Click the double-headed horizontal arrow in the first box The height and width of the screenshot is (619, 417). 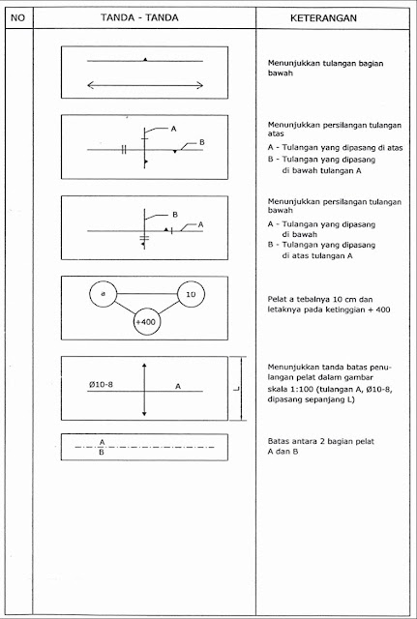(145, 85)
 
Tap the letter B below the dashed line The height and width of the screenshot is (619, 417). (102, 451)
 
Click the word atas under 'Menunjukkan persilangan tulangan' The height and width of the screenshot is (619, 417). (278, 133)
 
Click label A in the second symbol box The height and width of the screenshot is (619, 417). (172, 128)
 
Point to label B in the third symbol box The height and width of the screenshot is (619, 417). (175, 212)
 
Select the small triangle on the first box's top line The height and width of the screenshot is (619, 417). (145, 60)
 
